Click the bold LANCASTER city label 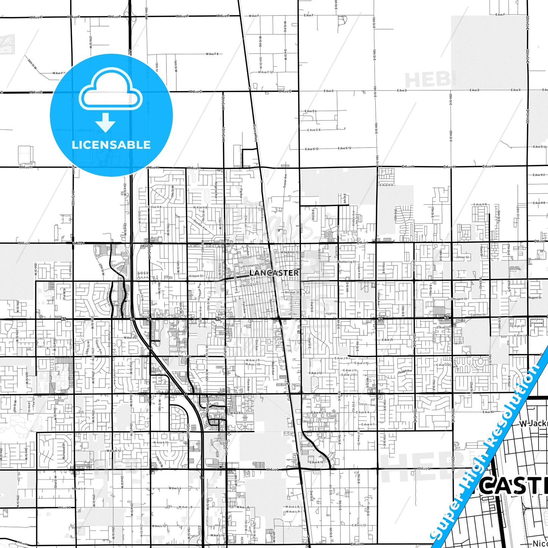[274, 273]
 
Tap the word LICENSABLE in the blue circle [111, 144]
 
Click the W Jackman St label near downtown [289, 252]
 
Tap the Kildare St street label [196, 276]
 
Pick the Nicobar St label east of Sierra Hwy [292, 292]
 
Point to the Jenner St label [462, 257]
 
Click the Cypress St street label [478, 314]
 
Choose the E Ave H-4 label [386, 185]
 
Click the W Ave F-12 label [265, 72]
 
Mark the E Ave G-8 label [314, 130]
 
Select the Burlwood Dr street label [64, 451]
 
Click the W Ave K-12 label [113, 451]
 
